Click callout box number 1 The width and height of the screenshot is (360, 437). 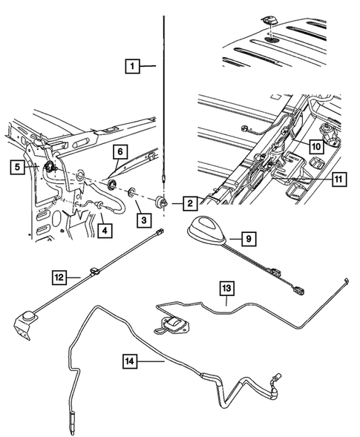point(130,68)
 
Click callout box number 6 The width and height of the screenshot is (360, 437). point(117,151)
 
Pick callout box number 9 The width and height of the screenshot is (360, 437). point(249,238)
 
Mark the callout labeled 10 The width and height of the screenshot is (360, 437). point(315,147)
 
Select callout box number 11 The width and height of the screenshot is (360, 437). point(338,178)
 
